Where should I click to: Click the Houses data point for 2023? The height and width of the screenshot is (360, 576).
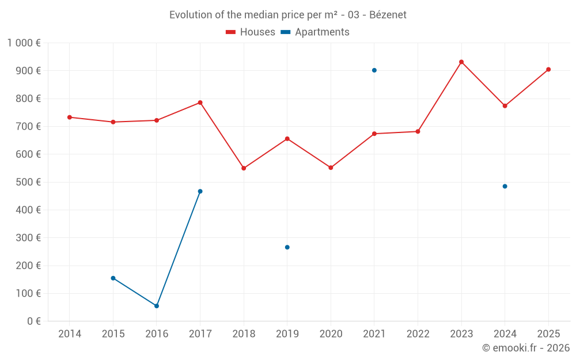(x=461, y=62)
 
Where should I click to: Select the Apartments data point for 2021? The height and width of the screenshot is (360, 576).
(x=374, y=70)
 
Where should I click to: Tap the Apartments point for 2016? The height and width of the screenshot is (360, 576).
(x=157, y=306)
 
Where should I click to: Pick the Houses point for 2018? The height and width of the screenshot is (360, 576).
(x=244, y=168)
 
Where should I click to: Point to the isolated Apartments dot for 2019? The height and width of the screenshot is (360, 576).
(x=287, y=247)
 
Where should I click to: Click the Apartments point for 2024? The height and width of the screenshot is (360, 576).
(x=505, y=186)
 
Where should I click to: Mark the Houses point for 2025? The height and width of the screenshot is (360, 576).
(x=548, y=69)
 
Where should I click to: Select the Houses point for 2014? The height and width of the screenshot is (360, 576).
(x=70, y=117)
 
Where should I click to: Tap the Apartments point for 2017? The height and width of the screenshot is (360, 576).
(x=200, y=191)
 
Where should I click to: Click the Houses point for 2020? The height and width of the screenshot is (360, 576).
(x=331, y=168)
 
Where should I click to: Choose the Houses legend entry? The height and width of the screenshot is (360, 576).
(x=251, y=32)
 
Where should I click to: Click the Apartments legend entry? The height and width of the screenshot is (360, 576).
(x=316, y=32)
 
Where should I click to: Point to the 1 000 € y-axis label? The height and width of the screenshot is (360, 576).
(x=24, y=43)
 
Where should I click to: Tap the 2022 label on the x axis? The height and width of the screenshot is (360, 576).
(x=418, y=334)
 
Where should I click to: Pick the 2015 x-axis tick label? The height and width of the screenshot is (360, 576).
(x=113, y=334)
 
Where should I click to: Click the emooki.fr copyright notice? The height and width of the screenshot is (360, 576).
(x=525, y=348)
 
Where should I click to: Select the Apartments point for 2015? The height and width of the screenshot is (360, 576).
(x=113, y=278)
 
